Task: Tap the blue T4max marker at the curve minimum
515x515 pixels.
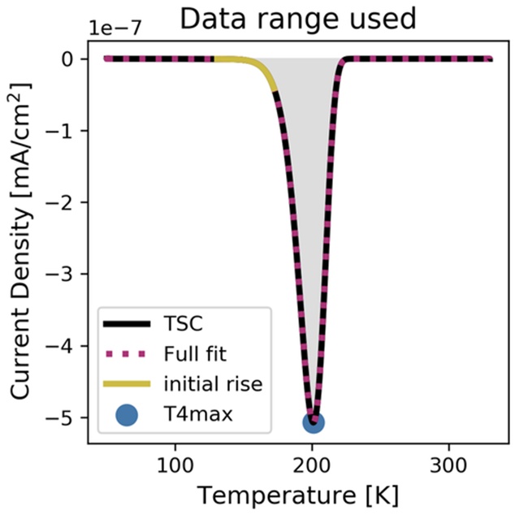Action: [x=314, y=422]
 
